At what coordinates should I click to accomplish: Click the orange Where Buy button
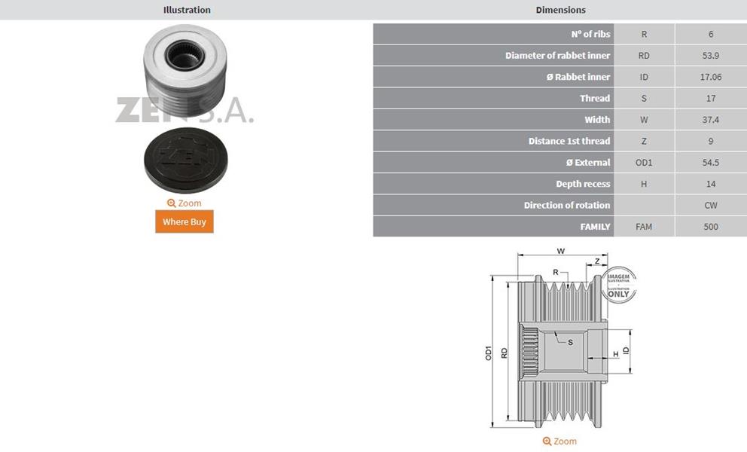[184, 221]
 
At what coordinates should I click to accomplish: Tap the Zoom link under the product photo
[184, 203]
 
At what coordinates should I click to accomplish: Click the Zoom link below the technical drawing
[559, 441]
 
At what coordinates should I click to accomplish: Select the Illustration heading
[187, 10]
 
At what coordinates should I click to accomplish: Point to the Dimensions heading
[561, 10]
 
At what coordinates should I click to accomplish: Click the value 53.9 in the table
[710, 56]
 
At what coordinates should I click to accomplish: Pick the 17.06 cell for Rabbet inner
[710, 78]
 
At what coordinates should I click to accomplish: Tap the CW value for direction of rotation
[710, 206]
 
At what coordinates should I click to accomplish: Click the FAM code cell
[644, 227]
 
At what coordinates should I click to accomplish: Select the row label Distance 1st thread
[569, 141]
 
